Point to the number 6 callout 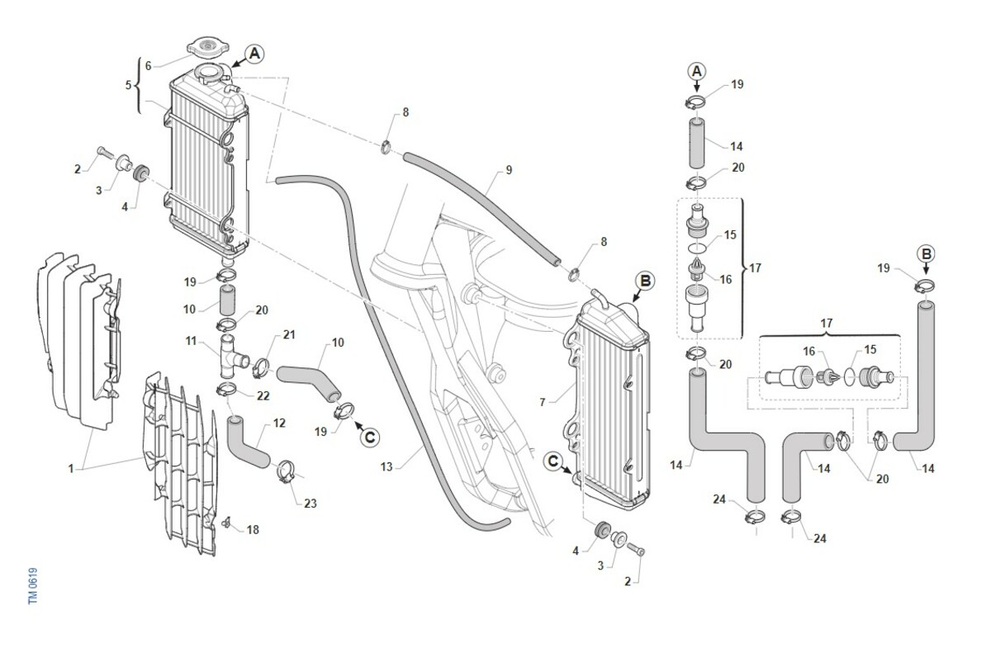[148, 64]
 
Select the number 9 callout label [509, 171]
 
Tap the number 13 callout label [386, 467]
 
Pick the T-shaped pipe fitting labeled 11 [232, 356]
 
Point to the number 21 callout [288, 334]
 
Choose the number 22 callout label [263, 396]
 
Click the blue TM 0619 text [33, 584]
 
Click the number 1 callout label [72, 468]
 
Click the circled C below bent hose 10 [368, 436]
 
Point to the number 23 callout [311, 503]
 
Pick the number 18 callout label [253, 529]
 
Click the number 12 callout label [279, 423]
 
